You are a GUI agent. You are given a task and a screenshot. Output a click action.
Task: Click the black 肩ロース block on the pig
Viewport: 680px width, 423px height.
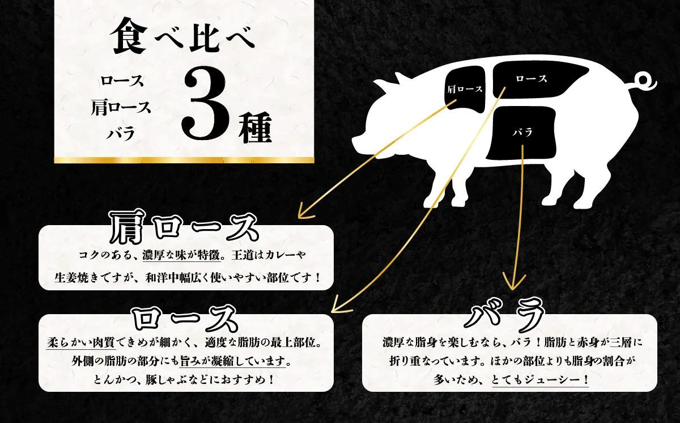click(465, 88)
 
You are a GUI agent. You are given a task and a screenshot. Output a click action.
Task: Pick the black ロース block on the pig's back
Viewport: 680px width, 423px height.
click(531, 79)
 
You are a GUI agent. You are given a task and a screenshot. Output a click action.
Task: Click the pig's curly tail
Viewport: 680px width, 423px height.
click(646, 81)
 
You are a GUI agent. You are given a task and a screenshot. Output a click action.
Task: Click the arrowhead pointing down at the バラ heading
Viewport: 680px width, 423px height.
click(513, 281)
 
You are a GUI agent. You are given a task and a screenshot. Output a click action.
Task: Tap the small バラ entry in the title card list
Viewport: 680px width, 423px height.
click(121, 134)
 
